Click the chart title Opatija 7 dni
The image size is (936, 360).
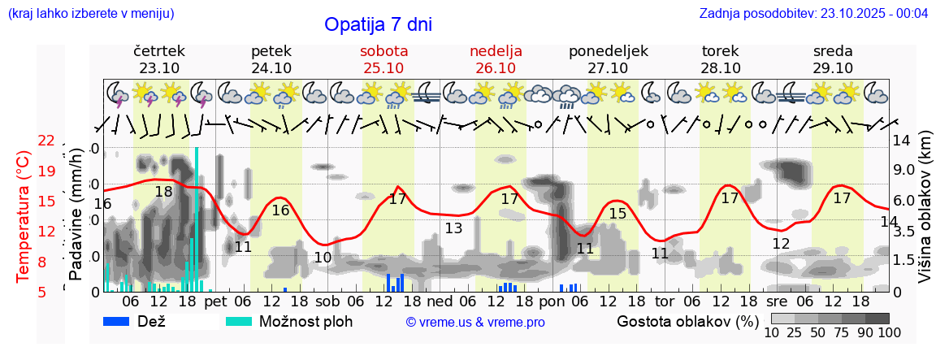(378, 24)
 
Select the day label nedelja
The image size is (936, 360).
(496, 51)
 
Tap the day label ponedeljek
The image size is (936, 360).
(609, 51)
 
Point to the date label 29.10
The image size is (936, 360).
(833, 68)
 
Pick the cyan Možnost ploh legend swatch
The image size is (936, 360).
(238, 321)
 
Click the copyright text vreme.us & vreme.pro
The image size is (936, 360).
(475, 323)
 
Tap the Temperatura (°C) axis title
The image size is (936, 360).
(22, 216)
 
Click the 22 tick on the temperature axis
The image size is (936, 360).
(45, 141)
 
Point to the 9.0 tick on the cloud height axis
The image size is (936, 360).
(904, 170)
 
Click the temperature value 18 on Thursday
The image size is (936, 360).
(163, 192)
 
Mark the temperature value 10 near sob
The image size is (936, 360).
(323, 258)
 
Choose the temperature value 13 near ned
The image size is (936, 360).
(453, 228)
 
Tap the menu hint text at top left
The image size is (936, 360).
(90, 13)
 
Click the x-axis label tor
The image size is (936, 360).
(665, 301)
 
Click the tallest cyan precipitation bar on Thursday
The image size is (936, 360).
(197, 219)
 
